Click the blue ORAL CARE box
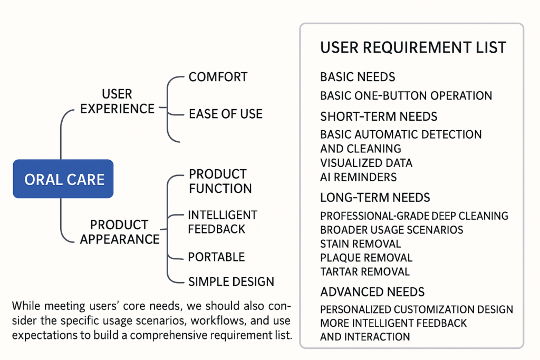pyautogui.click(x=64, y=179)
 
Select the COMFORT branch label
pyautogui.click(x=218, y=77)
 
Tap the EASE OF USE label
pyautogui.click(x=225, y=113)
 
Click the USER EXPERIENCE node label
pyautogui.click(x=117, y=101)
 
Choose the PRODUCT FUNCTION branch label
pyautogui.click(x=220, y=181)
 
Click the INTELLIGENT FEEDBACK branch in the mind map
pyautogui.click(x=222, y=222)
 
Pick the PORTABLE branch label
pyautogui.click(x=216, y=257)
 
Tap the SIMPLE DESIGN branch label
pyautogui.click(x=231, y=281)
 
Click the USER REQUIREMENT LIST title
pyautogui.click(x=413, y=47)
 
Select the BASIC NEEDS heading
pyautogui.click(x=358, y=77)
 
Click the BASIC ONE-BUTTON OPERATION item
pyautogui.click(x=406, y=96)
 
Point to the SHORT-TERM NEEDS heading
pyautogui.click(x=379, y=116)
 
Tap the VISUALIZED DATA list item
pyautogui.click(x=366, y=163)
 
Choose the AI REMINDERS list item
pyautogui.click(x=358, y=177)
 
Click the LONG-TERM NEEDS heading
pyautogui.click(x=375, y=198)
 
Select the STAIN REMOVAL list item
pyautogui.click(x=360, y=244)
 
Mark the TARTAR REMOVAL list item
pyautogui.click(x=364, y=272)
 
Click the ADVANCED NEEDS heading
pyautogui.click(x=372, y=292)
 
